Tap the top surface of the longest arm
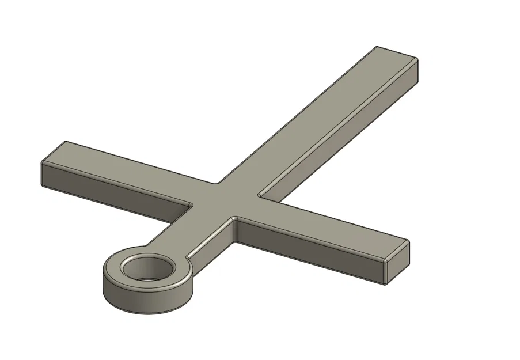[x=322, y=121]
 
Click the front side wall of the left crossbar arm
[x=115, y=193]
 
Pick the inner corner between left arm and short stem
[x=192, y=204]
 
